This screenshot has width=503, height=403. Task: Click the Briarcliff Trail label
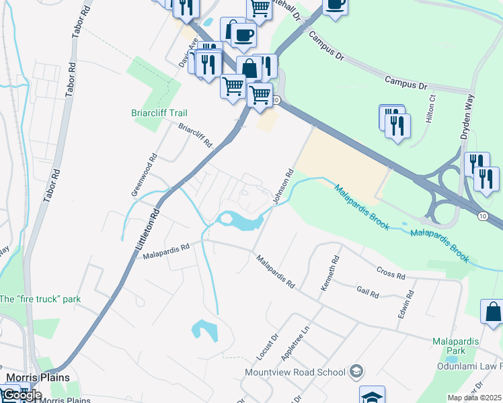159,113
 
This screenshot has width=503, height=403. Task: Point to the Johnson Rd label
283,186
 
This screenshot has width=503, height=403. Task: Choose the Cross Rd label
391,274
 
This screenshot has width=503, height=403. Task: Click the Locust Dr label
268,347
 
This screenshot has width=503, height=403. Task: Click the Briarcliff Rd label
195,134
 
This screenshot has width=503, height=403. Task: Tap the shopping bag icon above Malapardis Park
493,312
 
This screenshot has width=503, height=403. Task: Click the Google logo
22,394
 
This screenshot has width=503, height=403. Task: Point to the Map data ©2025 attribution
475,398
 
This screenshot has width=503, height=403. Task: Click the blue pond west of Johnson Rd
239,220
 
